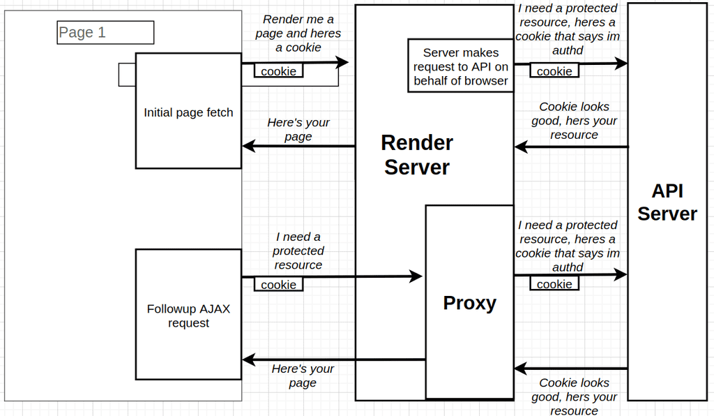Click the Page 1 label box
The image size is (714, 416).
[105, 32]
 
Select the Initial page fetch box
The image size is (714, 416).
[188, 112]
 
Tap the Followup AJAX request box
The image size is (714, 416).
[188, 315]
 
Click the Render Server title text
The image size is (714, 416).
[417, 155]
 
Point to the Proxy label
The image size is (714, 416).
[469, 303]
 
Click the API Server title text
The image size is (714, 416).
[667, 202]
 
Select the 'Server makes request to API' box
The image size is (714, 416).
[460, 66]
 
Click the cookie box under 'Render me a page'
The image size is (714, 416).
[278, 71]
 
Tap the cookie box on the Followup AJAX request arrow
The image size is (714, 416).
[278, 285]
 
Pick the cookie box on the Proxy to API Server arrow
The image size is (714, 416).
[554, 284]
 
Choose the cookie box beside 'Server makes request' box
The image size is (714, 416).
[554, 71]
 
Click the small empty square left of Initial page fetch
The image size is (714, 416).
[127, 75]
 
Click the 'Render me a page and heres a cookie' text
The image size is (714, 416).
[298, 34]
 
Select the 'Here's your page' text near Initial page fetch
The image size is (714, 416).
[298, 129]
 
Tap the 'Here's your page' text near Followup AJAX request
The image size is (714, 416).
[303, 376]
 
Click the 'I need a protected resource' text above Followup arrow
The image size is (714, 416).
[298, 251]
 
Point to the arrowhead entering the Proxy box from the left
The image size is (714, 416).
[416, 276]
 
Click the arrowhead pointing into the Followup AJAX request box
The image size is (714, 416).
[248, 360]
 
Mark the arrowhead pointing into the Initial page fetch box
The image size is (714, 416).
[248, 147]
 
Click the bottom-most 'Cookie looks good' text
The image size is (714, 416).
[574, 396]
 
